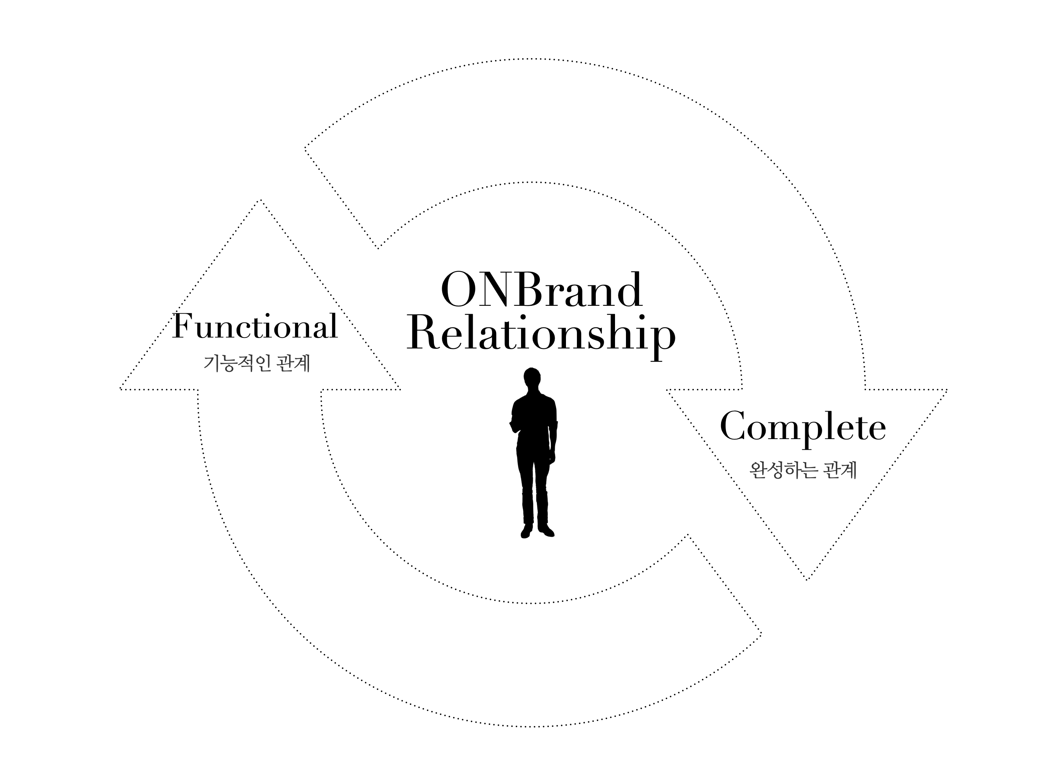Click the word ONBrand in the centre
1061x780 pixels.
coord(541,290)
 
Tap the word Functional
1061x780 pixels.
coord(255,326)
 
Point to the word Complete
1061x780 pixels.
coord(803,427)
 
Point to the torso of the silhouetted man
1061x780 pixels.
coord(534,420)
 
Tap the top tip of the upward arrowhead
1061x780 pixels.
coord(260,201)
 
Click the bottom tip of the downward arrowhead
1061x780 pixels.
coord(806,579)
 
